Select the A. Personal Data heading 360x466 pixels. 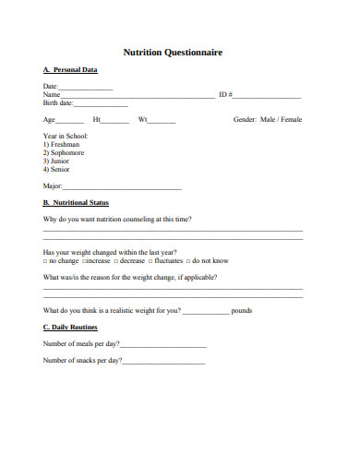[70, 70]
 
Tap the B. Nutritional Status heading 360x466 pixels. [76, 202]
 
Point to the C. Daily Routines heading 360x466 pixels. [70, 328]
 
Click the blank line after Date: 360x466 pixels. [86, 88]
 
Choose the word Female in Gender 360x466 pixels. [292, 120]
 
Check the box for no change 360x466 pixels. [46, 261]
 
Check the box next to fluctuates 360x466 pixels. [148, 261]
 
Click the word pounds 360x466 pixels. [242, 311]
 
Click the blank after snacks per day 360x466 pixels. [163, 362]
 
